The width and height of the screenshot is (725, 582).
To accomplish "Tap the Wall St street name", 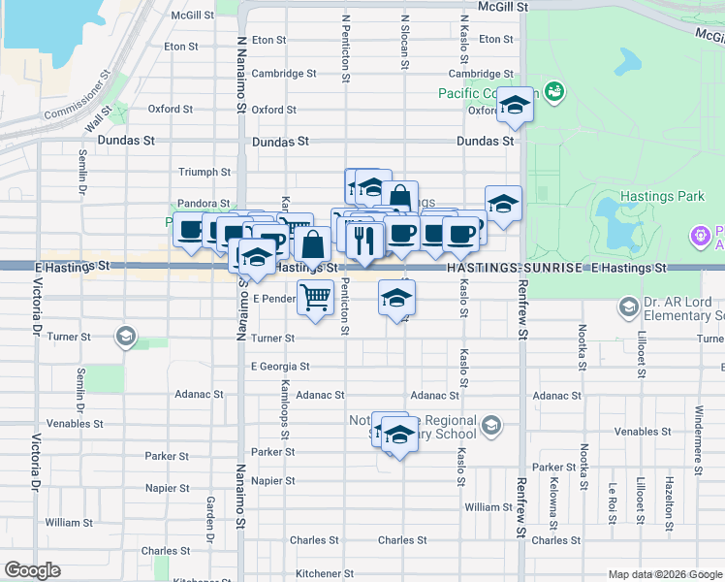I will click(99, 121).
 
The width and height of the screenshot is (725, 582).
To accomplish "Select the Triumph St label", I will click(205, 172).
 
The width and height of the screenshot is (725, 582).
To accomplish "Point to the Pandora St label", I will click(202, 204).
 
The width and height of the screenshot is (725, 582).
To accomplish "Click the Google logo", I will click(33, 569).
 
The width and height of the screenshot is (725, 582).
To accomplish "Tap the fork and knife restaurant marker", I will click(364, 240).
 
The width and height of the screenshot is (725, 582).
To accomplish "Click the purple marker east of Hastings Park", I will click(698, 234).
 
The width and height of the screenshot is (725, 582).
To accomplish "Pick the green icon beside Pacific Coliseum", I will click(554, 92).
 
